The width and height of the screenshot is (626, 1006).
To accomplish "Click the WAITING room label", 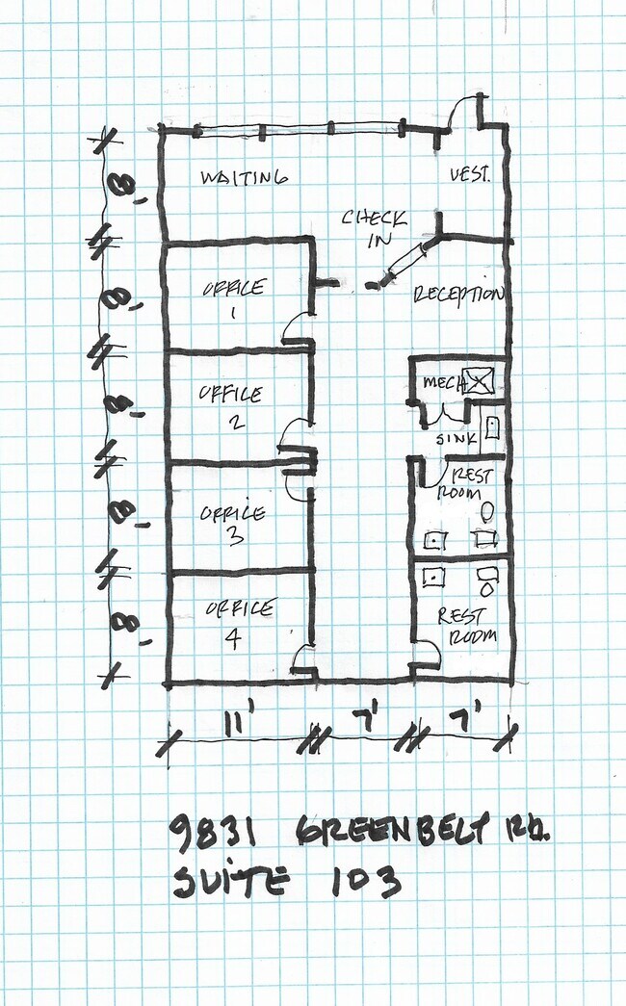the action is (244, 177).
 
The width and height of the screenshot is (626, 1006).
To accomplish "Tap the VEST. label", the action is (470, 174).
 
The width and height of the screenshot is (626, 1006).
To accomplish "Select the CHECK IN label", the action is (374, 228).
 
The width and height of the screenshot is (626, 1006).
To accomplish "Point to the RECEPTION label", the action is (457, 295).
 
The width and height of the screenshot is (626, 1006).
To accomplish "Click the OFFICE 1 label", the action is (234, 299).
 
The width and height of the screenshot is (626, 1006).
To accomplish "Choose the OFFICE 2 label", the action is (231, 407).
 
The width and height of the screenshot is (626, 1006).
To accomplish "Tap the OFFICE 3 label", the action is (232, 524).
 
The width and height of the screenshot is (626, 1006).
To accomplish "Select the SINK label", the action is (456, 439).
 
